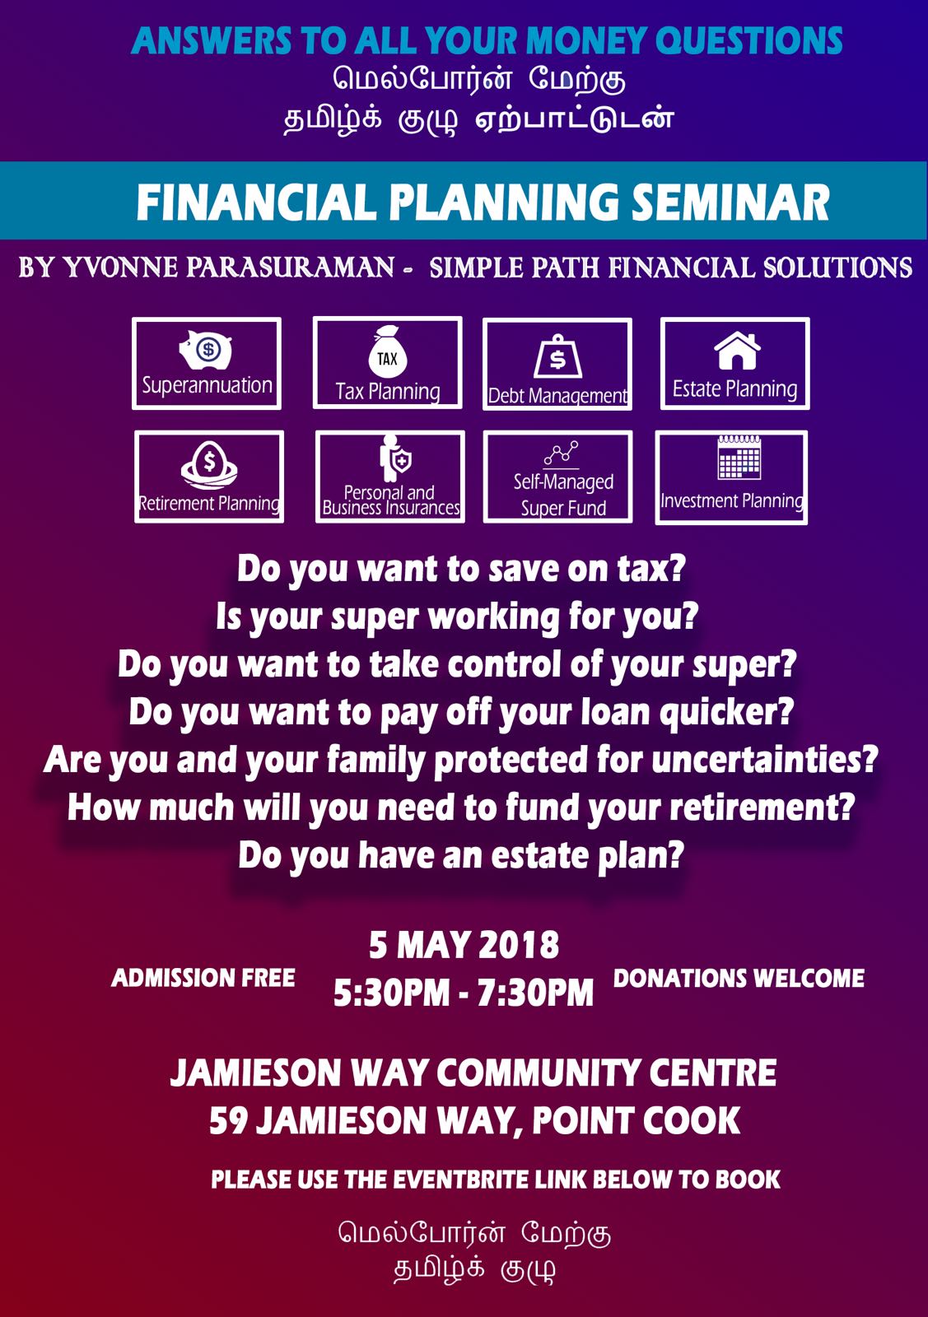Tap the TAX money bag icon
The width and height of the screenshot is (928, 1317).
(388, 351)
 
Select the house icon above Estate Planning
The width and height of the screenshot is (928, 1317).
(737, 351)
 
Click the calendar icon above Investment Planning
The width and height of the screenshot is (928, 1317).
(739, 458)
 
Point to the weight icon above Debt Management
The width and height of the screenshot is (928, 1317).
(557, 356)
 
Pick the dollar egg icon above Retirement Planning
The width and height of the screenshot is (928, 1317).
(209, 466)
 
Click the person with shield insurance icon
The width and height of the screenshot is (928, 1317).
(394, 458)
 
